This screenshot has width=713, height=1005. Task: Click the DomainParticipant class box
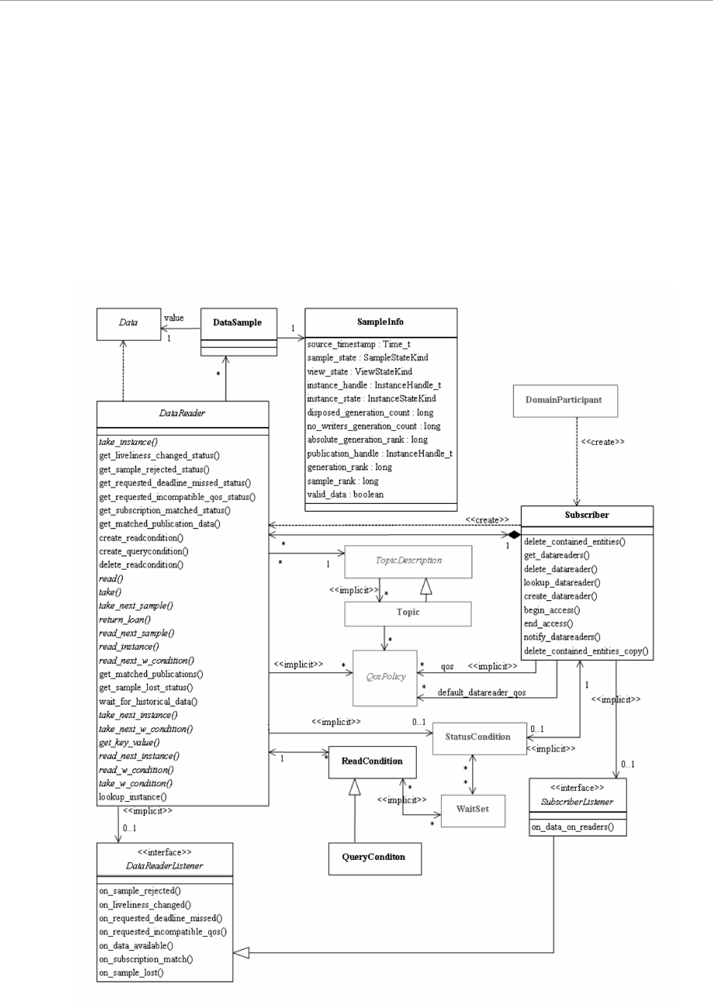565,400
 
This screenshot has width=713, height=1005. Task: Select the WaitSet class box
473,809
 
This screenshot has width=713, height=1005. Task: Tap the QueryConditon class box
374,857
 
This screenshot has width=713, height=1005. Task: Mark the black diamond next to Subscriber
514,535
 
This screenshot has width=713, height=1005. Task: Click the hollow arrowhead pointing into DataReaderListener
241,953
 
